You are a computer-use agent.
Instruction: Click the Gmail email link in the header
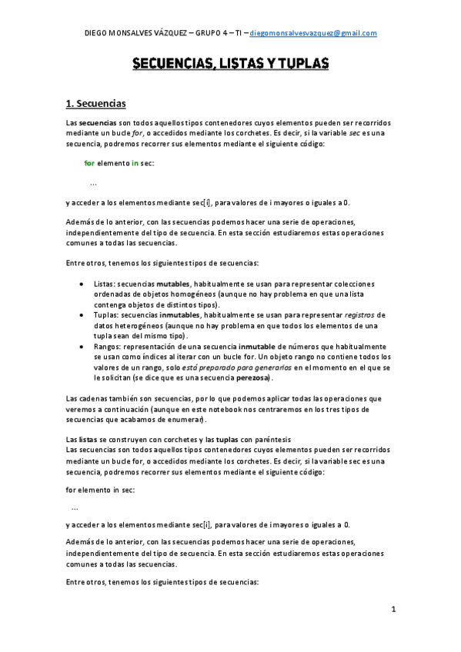click(x=313, y=33)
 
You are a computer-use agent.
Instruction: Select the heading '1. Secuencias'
click(x=96, y=103)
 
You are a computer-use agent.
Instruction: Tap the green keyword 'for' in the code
click(x=89, y=163)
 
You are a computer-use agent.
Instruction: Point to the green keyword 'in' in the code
click(x=135, y=163)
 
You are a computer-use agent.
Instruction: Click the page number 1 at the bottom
click(x=393, y=610)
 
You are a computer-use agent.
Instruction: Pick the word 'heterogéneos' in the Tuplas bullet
click(x=138, y=325)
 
